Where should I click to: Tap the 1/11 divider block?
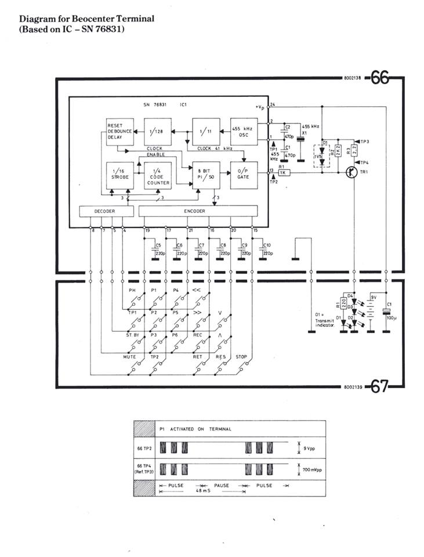click(205, 132)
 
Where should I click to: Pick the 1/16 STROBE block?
click(119, 176)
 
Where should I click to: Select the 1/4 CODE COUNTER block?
click(158, 176)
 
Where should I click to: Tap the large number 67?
click(380, 386)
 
